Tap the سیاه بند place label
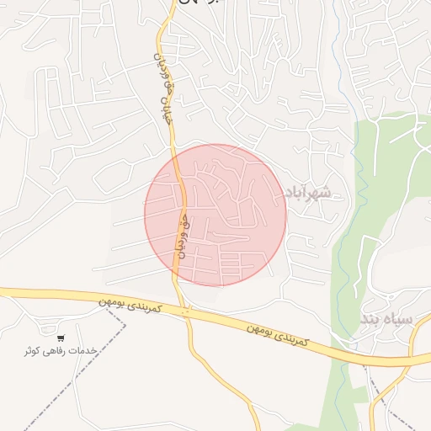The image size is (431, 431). point(387,320)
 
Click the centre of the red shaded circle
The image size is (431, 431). point(215,215)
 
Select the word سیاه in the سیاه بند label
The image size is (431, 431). point(399,320)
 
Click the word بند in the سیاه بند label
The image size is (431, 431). point(373,320)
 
